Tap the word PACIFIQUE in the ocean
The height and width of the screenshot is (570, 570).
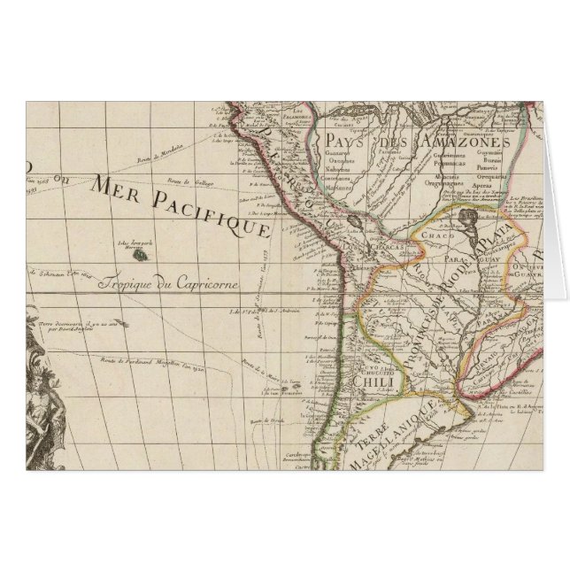[213, 213]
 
